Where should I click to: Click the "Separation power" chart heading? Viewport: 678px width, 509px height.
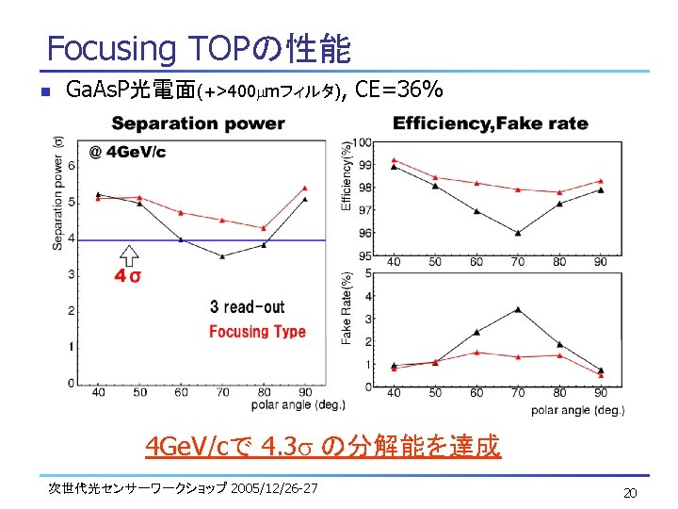point(198,123)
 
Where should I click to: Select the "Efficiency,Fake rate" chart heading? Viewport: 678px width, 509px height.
point(490,123)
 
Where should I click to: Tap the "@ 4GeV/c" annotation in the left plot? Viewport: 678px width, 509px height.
point(127,152)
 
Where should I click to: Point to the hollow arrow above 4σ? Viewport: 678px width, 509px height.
point(129,254)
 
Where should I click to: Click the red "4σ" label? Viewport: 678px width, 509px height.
point(128,275)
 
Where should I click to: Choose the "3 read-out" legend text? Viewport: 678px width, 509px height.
point(247,306)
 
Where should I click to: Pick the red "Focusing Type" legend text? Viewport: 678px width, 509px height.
point(257,331)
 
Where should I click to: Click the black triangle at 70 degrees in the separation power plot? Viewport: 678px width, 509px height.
point(222,255)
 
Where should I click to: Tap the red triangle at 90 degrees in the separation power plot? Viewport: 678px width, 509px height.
point(305,188)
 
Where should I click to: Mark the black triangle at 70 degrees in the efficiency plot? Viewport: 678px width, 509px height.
point(518,232)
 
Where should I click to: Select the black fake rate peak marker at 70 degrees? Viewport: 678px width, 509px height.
point(518,309)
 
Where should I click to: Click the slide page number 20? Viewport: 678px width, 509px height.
point(629,493)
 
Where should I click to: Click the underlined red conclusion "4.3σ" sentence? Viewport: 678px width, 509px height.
point(323,445)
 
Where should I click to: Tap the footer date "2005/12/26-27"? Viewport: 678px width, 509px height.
point(274,487)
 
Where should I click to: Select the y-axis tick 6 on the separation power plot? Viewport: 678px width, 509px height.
point(71,165)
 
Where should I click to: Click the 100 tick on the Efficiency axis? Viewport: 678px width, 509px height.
point(363,142)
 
